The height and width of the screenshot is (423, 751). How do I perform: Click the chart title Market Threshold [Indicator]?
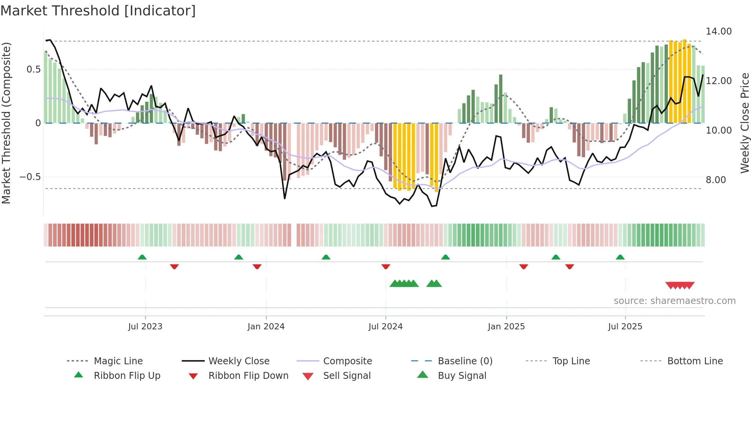pos(98,11)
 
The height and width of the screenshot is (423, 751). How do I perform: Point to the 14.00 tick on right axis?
pos(718,31)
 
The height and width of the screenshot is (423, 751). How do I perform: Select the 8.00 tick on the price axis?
pos(715,180)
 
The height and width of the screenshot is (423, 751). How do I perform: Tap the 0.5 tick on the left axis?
pos(33,69)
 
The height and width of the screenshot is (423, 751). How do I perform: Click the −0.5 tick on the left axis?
pos(30,177)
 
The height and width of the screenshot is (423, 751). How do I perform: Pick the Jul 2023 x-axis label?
pos(145,327)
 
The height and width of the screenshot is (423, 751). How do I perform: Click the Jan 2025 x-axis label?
pos(506,327)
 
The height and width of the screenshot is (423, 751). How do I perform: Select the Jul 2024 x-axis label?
pos(385,327)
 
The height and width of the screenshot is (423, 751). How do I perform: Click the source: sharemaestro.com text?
pos(674,301)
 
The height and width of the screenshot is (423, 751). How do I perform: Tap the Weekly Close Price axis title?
pos(744,123)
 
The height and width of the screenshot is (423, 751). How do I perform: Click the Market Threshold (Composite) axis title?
pos(6,123)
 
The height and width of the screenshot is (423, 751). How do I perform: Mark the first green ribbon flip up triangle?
pos(142,257)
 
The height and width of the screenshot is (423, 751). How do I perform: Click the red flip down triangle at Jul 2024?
pos(386,266)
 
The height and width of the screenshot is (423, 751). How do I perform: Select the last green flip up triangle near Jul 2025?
pos(620,257)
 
